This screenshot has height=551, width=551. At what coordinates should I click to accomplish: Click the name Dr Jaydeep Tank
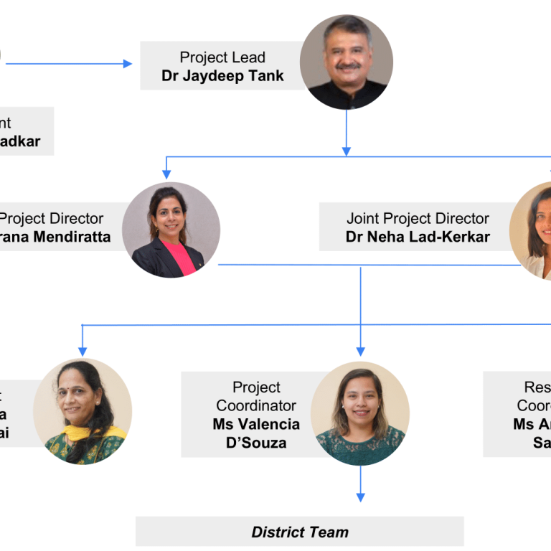coord(222,75)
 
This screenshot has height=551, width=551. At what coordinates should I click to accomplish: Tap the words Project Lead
coord(222,57)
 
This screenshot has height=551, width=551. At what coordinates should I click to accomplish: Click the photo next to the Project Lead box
coord(347,62)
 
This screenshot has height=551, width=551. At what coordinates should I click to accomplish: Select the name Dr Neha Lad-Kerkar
coord(418,237)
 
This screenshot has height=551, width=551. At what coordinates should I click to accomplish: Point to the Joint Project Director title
coord(418,218)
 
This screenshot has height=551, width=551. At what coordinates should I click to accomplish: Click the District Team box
coord(300,532)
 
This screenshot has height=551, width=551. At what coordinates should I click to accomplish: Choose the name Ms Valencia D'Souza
coord(256,433)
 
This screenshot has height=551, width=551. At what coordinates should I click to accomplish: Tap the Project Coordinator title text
coord(256,397)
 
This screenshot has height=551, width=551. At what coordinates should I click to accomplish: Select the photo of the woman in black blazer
coord(171,230)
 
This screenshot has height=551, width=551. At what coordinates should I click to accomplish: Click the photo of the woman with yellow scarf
coord(83,411)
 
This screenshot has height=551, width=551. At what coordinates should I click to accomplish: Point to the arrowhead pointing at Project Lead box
coord(128,64)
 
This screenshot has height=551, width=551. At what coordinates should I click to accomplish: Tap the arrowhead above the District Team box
coord(360,496)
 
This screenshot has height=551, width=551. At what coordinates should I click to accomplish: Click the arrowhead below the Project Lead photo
coord(347,151)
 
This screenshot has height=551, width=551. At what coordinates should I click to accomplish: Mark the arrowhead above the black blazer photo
coord(167,174)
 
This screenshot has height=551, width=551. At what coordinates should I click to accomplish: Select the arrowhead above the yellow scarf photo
coord(83,351)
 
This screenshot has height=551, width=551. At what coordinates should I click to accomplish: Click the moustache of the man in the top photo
coord(347,67)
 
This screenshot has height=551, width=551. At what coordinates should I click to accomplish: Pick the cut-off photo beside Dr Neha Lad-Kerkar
coord(532,230)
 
